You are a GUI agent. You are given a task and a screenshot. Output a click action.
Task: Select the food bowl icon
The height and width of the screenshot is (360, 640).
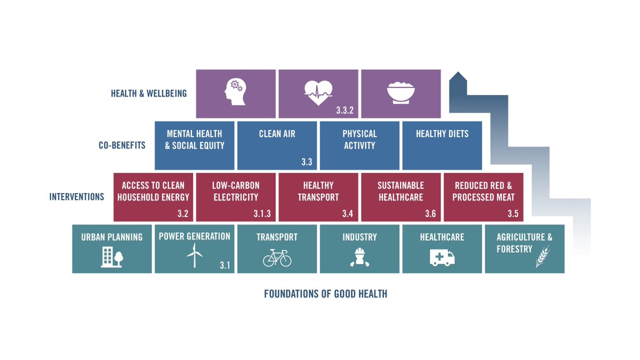(x=401, y=92)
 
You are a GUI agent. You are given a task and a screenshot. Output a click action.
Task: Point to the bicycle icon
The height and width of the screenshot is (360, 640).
(x=277, y=258)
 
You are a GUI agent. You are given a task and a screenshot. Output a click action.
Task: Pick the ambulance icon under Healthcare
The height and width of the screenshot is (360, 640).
(x=442, y=258)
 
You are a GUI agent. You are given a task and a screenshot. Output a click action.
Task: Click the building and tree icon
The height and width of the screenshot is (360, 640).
(x=112, y=258)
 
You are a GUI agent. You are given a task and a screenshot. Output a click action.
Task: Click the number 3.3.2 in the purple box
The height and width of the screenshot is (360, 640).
(x=345, y=111)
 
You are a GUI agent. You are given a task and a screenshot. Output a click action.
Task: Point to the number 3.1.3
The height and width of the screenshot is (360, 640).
(x=262, y=214)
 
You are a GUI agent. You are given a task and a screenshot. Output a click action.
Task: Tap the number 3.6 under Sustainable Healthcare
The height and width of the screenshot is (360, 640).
(x=430, y=214)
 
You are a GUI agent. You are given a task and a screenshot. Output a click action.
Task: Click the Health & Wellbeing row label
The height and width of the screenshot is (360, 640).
(x=149, y=93)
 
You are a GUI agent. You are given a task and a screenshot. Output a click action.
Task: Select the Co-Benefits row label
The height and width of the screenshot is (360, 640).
(x=122, y=145)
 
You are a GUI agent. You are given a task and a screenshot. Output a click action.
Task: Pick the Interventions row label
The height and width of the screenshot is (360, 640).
(x=77, y=197)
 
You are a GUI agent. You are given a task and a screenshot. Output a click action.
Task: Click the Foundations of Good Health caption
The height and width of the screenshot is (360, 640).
(x=325, y=294)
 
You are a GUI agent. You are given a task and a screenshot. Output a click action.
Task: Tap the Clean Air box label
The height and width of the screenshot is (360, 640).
(x=277, y=134)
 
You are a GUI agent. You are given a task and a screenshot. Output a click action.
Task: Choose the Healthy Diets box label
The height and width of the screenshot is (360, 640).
(x=442, y=134)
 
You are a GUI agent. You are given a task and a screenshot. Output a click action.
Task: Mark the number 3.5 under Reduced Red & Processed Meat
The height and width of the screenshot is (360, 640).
(x=513, y=214)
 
